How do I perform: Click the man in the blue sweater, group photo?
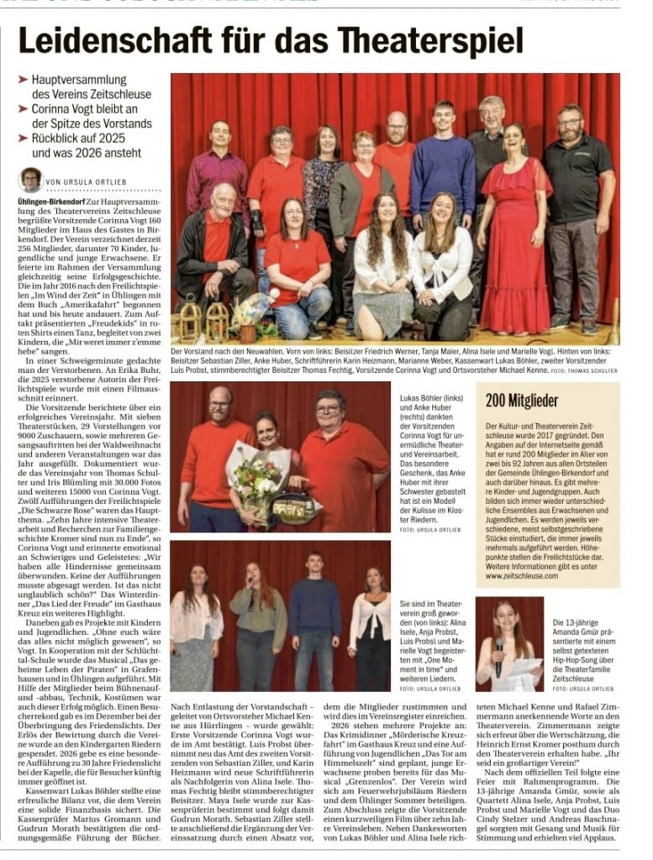[x=442, y=168]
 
